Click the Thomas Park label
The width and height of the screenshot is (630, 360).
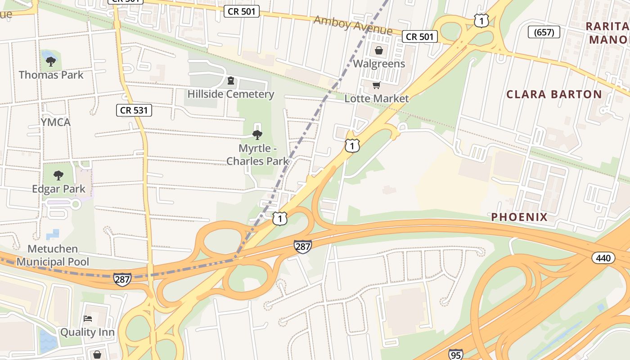click(x=51, y=75)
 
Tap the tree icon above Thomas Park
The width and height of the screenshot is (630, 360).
click(x=51, y=61)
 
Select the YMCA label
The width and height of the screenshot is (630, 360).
click(x=56, y=122)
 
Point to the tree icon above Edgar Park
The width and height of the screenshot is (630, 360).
click(x=58, y=175)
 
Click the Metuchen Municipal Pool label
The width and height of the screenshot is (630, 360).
click(x=53, y=255)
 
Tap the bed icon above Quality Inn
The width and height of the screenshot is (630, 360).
click(x=88, y=319)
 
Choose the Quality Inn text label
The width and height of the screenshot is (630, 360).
click(x=87, y=333)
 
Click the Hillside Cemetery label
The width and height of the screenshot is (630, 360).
click(x=231, y=94)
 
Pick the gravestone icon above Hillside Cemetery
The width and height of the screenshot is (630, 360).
click(x=231, y=81)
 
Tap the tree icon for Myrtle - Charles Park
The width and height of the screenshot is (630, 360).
click(x=257, y=135)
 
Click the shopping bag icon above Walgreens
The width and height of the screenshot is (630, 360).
click(x=379, y=50)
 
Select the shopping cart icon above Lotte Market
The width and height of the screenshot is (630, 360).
click(x=377, y=85)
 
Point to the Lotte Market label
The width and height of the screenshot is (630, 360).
click(x=377, y=99)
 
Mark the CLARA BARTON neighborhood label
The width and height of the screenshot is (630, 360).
click(x=554, y=94)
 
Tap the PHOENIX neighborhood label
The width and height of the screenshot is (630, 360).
click(x=519, y=217)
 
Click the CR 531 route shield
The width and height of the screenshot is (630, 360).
click(x=134, y=110)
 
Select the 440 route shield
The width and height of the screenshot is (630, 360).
click(x=603, y=258)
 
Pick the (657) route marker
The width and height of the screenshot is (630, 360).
click(x=544, y=32)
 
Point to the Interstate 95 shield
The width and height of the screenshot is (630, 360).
click(x=456, y=354)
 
